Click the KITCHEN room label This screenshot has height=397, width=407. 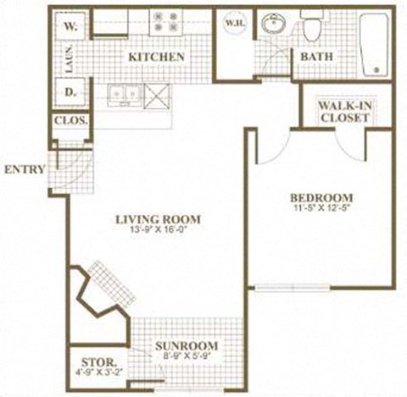coord(157,57)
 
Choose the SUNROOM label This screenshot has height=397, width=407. coord(187,346)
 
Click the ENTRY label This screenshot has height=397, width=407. coord(24,168)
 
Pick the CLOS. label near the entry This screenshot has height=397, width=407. coord(71,120)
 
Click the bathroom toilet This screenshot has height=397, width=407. coord(311,28)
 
